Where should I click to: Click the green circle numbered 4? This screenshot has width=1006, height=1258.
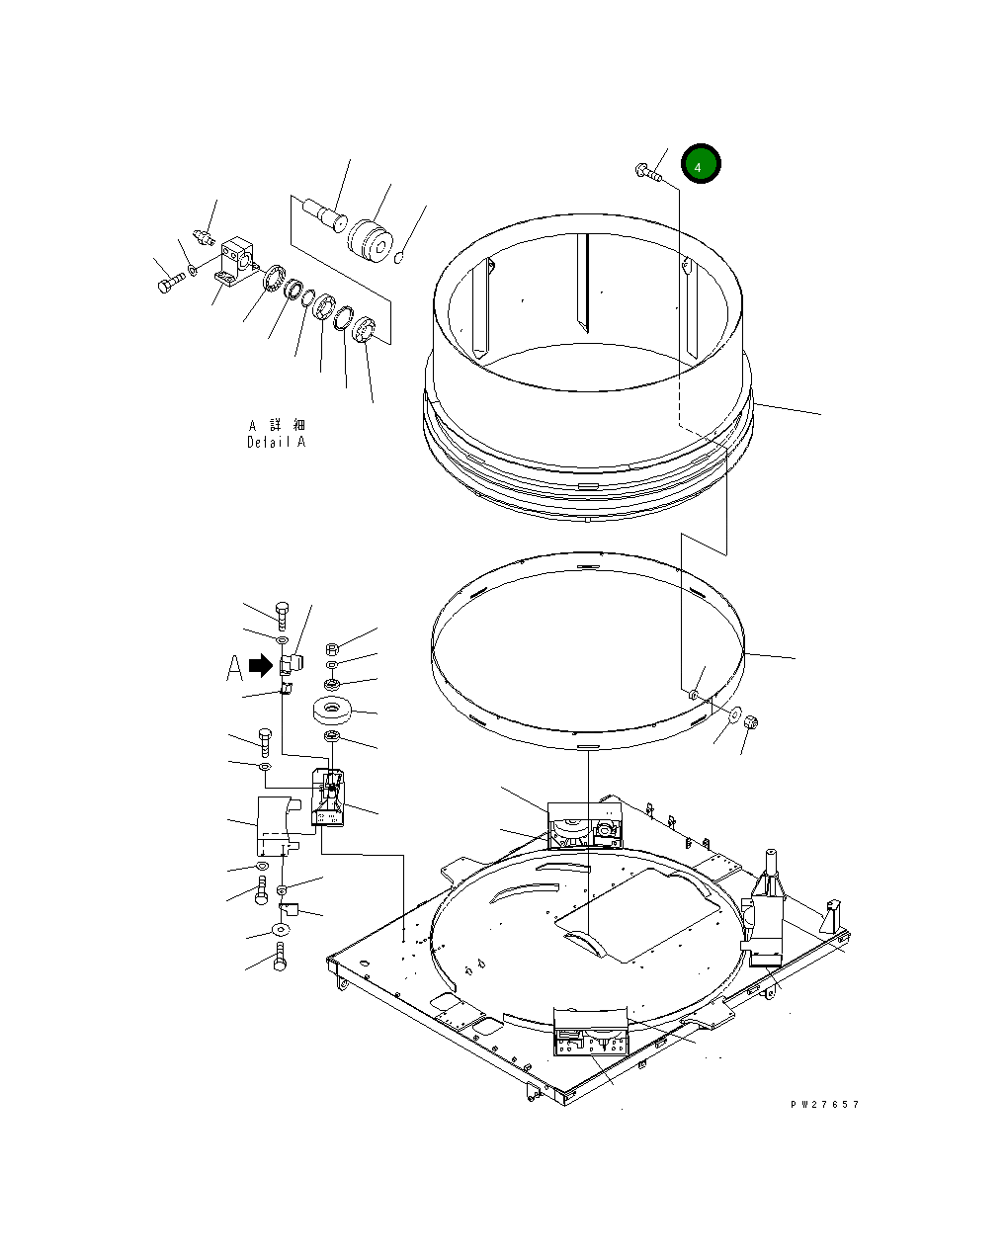click(x=701, y=163)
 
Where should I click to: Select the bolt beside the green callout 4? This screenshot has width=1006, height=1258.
click(x=648, y=172)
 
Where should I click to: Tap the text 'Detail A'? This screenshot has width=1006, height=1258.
click(x=276, y=442)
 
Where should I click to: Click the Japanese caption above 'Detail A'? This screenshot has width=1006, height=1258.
click(x=277, y=425)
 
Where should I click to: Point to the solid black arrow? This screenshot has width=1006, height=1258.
click(x=261, y=665)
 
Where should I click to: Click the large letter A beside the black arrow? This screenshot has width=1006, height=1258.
click(x=234, y=668)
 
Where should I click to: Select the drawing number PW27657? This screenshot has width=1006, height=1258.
click(x=825, y=1104)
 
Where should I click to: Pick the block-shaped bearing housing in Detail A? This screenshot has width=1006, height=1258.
click(x=237, y=261)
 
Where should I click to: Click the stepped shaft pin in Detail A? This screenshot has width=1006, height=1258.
click(x=324, y=214)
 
